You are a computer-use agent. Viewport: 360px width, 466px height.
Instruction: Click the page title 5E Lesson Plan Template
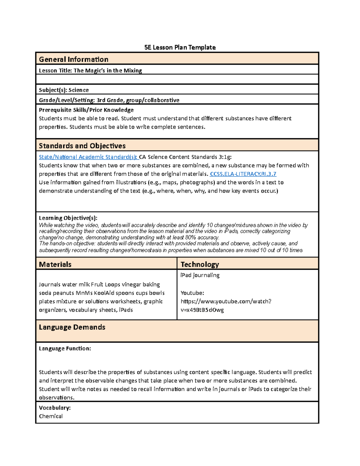click(180, 47)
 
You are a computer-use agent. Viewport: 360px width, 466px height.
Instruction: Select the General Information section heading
click(73, 59)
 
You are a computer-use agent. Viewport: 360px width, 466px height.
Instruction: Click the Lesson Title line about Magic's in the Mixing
click(90, 71)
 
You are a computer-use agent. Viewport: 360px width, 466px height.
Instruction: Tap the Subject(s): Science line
click(64, 90)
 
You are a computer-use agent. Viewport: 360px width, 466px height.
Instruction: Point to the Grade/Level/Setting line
click(109, 100)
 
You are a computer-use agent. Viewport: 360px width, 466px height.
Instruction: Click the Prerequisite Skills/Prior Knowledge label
click(86, 110)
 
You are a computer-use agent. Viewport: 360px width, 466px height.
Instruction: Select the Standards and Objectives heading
click(82, 146)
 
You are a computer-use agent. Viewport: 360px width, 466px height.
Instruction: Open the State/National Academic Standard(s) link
click(88, 157)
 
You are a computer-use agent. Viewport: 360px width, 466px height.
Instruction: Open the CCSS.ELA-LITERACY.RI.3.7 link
click(243, 174)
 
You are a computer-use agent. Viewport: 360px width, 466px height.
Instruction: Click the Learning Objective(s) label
click(68, 218)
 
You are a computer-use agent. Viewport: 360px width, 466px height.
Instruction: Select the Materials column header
click(55, 264)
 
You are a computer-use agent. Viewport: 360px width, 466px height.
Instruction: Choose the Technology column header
click(199, 264)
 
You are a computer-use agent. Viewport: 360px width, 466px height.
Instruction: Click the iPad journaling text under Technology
click(200, 275)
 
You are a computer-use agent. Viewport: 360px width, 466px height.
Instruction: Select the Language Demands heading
click(72, 327)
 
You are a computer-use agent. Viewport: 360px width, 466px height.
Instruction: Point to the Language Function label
click(65, 348)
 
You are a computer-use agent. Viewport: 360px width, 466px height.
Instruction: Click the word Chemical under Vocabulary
click(51, 416)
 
